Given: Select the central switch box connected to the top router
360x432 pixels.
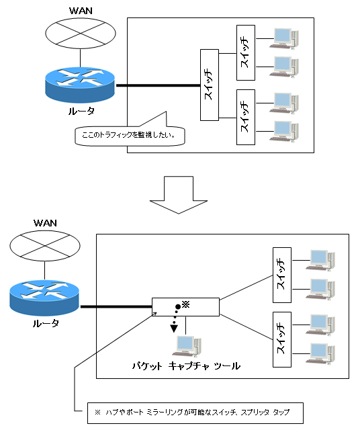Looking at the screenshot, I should point(209,85).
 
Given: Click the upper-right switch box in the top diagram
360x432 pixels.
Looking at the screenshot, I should point(245,53).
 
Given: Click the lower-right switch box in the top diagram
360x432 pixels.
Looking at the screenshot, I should point(245,117).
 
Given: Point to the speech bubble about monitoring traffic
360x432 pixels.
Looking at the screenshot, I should point(128,134).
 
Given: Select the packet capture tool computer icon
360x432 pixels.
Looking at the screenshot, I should point(185,348).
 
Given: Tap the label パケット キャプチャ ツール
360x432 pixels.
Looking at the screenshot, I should point(186,366).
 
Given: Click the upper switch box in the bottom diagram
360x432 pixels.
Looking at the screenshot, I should point(282,273).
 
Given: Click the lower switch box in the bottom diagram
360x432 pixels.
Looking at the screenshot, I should point(282,339).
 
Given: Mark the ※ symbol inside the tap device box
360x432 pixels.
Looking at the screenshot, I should point(187,304).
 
